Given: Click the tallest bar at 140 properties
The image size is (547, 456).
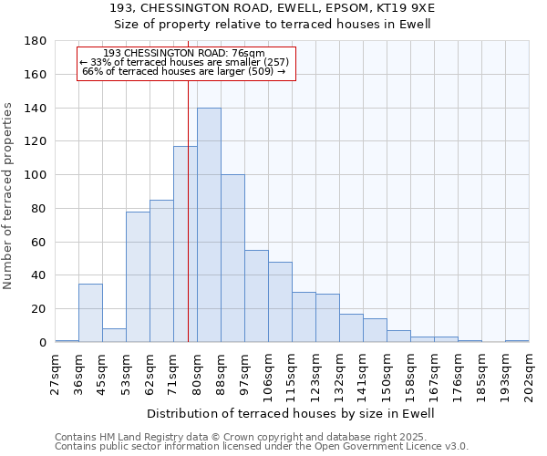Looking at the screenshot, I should click(209, 225).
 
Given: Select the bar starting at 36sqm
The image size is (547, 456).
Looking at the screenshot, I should click(90, 313).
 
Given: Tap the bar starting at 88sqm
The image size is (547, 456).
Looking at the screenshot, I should click(232, 258).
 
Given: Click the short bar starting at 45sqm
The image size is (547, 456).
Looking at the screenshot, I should click(114, 335).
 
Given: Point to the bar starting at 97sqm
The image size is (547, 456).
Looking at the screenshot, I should click(256, 295).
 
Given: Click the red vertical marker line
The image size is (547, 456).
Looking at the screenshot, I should click(188, 228).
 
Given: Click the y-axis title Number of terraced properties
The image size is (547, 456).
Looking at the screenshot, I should click(8, 195).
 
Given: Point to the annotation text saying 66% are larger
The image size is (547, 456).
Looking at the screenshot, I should click(183, 71).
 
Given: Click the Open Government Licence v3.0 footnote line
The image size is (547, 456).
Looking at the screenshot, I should click(262, 446).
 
